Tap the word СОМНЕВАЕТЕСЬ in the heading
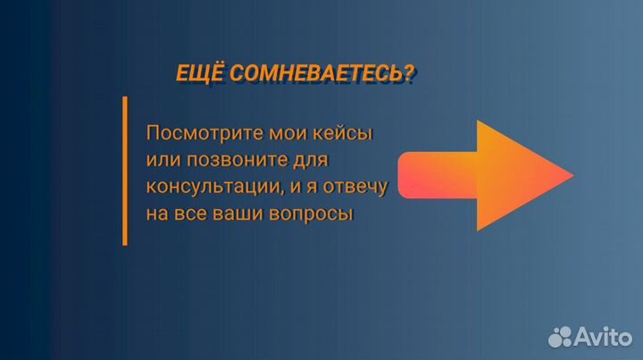314,75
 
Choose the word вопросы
312,214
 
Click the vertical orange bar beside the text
124,171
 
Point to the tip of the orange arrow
572,175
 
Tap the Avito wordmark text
603,335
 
